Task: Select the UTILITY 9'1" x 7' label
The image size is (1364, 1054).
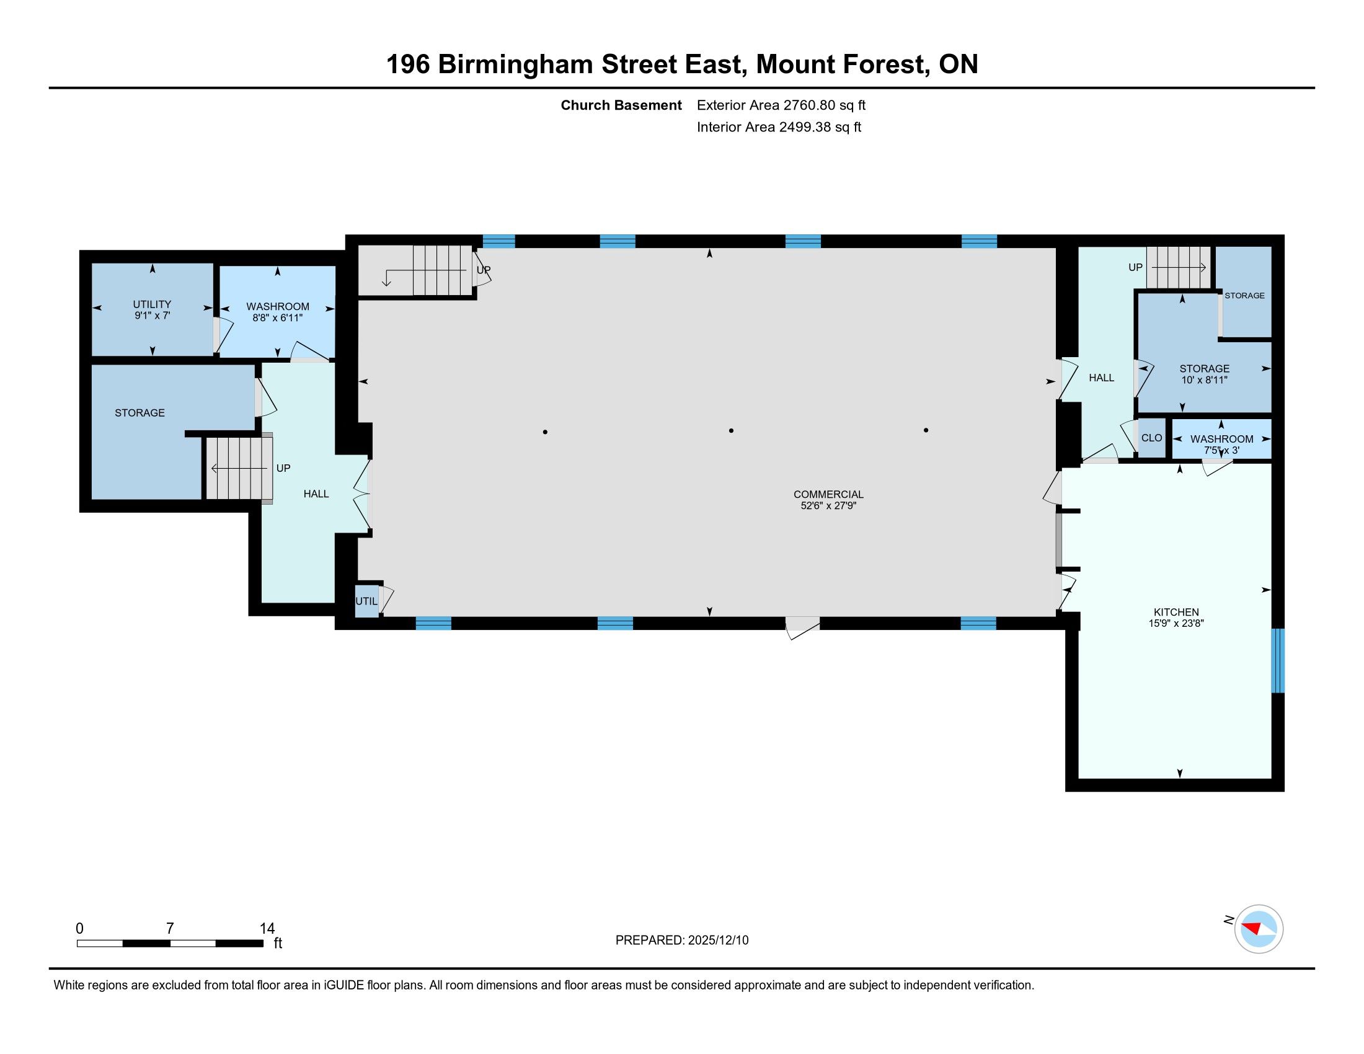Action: (152, 310)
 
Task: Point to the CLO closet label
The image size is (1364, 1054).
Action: (1152, 438)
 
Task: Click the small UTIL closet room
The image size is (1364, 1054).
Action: (367, 601)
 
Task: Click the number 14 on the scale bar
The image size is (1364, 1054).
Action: (267, 929)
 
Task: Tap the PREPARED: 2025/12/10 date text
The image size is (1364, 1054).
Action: (682, 941)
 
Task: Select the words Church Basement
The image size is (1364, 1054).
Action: (621, 105)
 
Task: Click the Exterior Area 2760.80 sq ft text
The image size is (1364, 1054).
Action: (781, 105)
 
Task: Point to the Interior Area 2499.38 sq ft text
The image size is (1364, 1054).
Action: (779, 126)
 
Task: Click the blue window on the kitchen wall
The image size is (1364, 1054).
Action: (1278, 660)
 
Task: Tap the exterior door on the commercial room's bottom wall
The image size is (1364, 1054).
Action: (802, 627)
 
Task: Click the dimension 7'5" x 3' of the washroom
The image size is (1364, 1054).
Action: (1221, 450)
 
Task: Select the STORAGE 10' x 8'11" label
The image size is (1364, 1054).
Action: (1204, 374)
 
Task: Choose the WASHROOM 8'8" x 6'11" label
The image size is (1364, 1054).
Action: (278, 312)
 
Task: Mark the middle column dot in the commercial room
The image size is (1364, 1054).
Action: (732, 430)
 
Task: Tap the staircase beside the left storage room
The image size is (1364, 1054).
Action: (239, 468)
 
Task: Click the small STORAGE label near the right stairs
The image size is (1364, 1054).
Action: (1244, 295)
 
